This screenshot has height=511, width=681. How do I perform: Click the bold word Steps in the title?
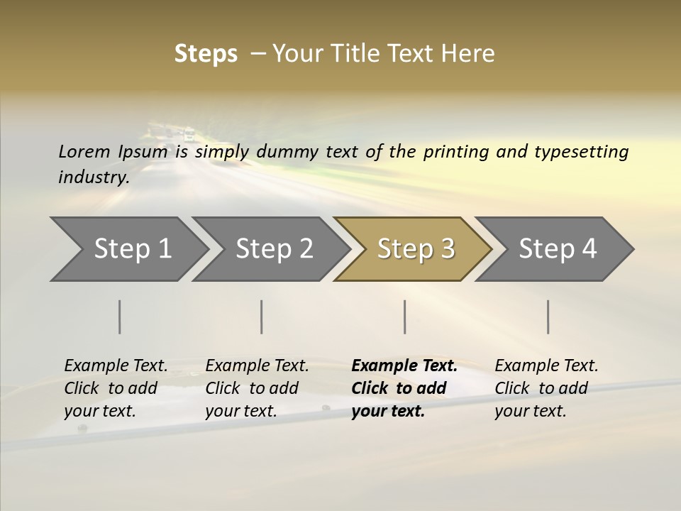pyautogui.click(x=206, y=54)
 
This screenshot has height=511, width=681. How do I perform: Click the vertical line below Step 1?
pyautogui.click(x=120, y=317)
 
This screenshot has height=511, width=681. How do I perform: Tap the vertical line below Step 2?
pyautogui.click(x=262, y=317)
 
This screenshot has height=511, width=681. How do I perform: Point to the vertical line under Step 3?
pyautogui.click(x=404, y=317)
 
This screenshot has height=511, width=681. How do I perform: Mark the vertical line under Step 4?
pyautogui.click(x=548, y=317)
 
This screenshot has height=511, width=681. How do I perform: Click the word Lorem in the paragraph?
pyautogui.click(x=84, y=151)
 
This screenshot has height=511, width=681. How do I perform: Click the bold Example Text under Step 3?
pyautogui.click(x=404, y=366)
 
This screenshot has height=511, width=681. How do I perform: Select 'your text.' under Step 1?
pyautogui.click(x=99, y=411)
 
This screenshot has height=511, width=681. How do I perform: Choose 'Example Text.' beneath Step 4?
pyautogui.click(x=546, y=366)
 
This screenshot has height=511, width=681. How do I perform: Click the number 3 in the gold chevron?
pyautogui.click(x=446, y=249)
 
